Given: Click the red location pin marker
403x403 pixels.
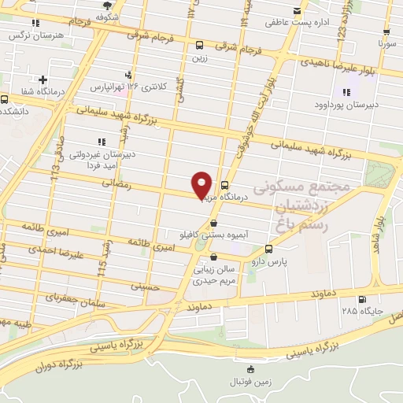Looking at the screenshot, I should [x=202, y=185].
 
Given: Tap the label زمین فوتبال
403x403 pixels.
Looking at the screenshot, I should [x=250, y=381].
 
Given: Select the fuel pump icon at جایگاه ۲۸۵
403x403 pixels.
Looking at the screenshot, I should [x=361, y=298].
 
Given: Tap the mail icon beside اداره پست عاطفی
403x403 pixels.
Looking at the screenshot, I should [x=298, y=10].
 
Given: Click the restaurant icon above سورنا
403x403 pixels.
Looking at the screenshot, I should [x=386, y=33].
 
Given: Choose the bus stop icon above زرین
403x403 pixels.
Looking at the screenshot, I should [x=199, y=45].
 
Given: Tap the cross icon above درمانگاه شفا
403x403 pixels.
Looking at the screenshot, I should [x=43, y=79].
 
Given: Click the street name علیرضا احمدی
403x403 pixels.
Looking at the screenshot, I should [x=55, y=250].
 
